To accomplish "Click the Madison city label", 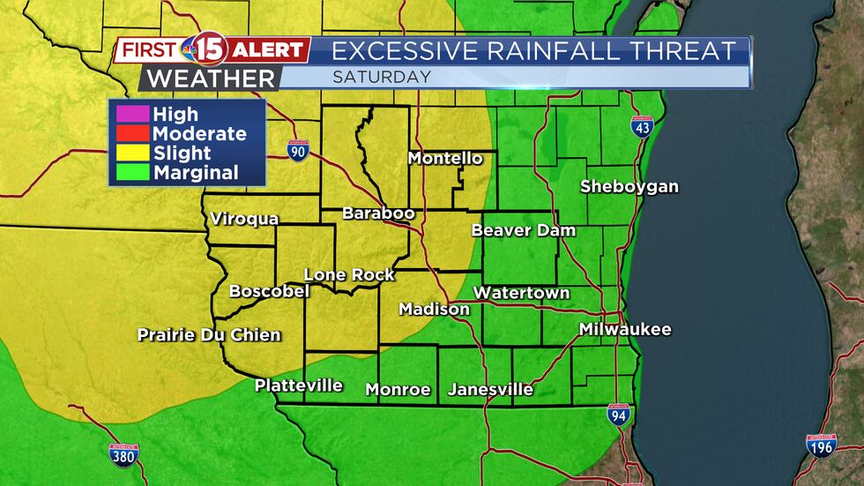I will pyautogui.click(x=435, y=310).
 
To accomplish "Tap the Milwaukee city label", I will pyautogui.click(x=625, y=330).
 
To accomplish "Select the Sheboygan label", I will pyautogui.click(x=629, y=187).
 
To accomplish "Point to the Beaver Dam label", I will pyautogui.click(x=524, y=231).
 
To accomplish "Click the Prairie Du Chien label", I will pyautogui.click(x=209, y=335).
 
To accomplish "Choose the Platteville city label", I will pyautogui.click(x=298, y=385).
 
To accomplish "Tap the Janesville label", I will pyautogui.click(x=490, y=389).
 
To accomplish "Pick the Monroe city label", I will pyautogui.click(x=398, y=389).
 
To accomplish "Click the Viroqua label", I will pyautogui.click(x=244, y=219).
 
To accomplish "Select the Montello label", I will pyautogui.click(x=445, y=159).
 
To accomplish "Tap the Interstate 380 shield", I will pyautogui.click(x=123, y=455).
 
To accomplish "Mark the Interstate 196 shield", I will pyautogui.click(x=821, y=445).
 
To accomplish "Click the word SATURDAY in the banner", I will pyautogui.click(x=382, y=77).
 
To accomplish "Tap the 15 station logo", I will pyautogui.click(x=205, y=50).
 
